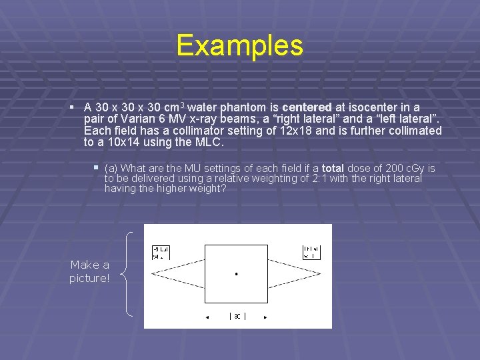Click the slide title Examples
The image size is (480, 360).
pos(240,45)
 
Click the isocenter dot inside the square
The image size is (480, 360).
pos(237,274)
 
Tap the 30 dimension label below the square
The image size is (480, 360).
pos(237,317)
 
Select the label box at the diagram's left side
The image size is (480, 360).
pos(161,252)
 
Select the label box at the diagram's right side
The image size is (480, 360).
pos(312,251)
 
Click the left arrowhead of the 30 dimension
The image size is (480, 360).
pos(207,317)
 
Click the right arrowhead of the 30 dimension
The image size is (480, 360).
pos(265,317)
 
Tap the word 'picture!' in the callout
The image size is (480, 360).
pos(89,278)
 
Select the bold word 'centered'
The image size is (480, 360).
pos(307,107)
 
